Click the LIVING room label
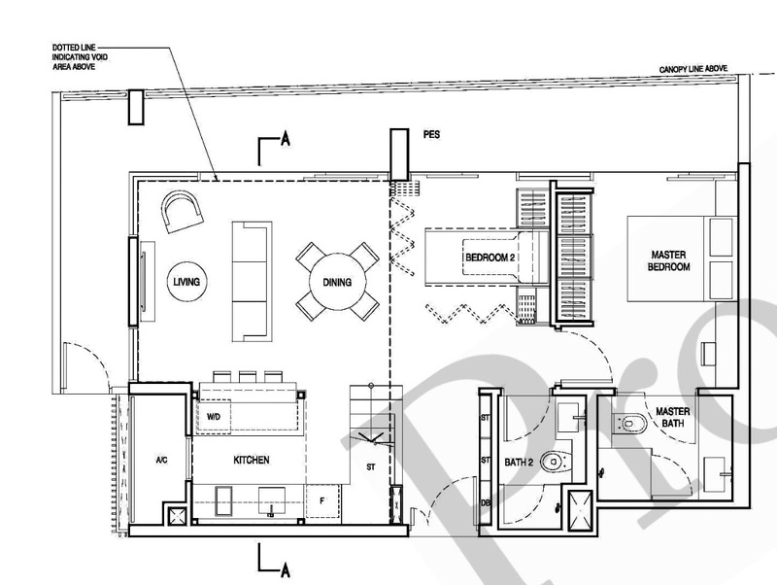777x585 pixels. point(186,282)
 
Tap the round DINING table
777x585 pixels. point(337,282)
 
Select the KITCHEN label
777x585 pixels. point(252,460)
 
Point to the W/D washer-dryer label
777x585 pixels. point(214,417)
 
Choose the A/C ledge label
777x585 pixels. point(161,461)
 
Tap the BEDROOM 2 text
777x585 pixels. point(487,258)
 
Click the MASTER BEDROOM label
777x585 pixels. point(668,260)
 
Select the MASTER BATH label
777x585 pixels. point(672,418)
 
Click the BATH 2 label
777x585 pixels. point(519,463)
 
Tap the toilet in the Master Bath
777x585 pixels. point(629,424)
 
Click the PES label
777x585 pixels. point(431,134)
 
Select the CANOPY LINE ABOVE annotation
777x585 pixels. point(693,69)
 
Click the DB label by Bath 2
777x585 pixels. point(485,503)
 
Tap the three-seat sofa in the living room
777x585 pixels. point(253,282)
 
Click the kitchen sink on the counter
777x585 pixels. point(272,500)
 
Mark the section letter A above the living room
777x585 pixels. point(285,139)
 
